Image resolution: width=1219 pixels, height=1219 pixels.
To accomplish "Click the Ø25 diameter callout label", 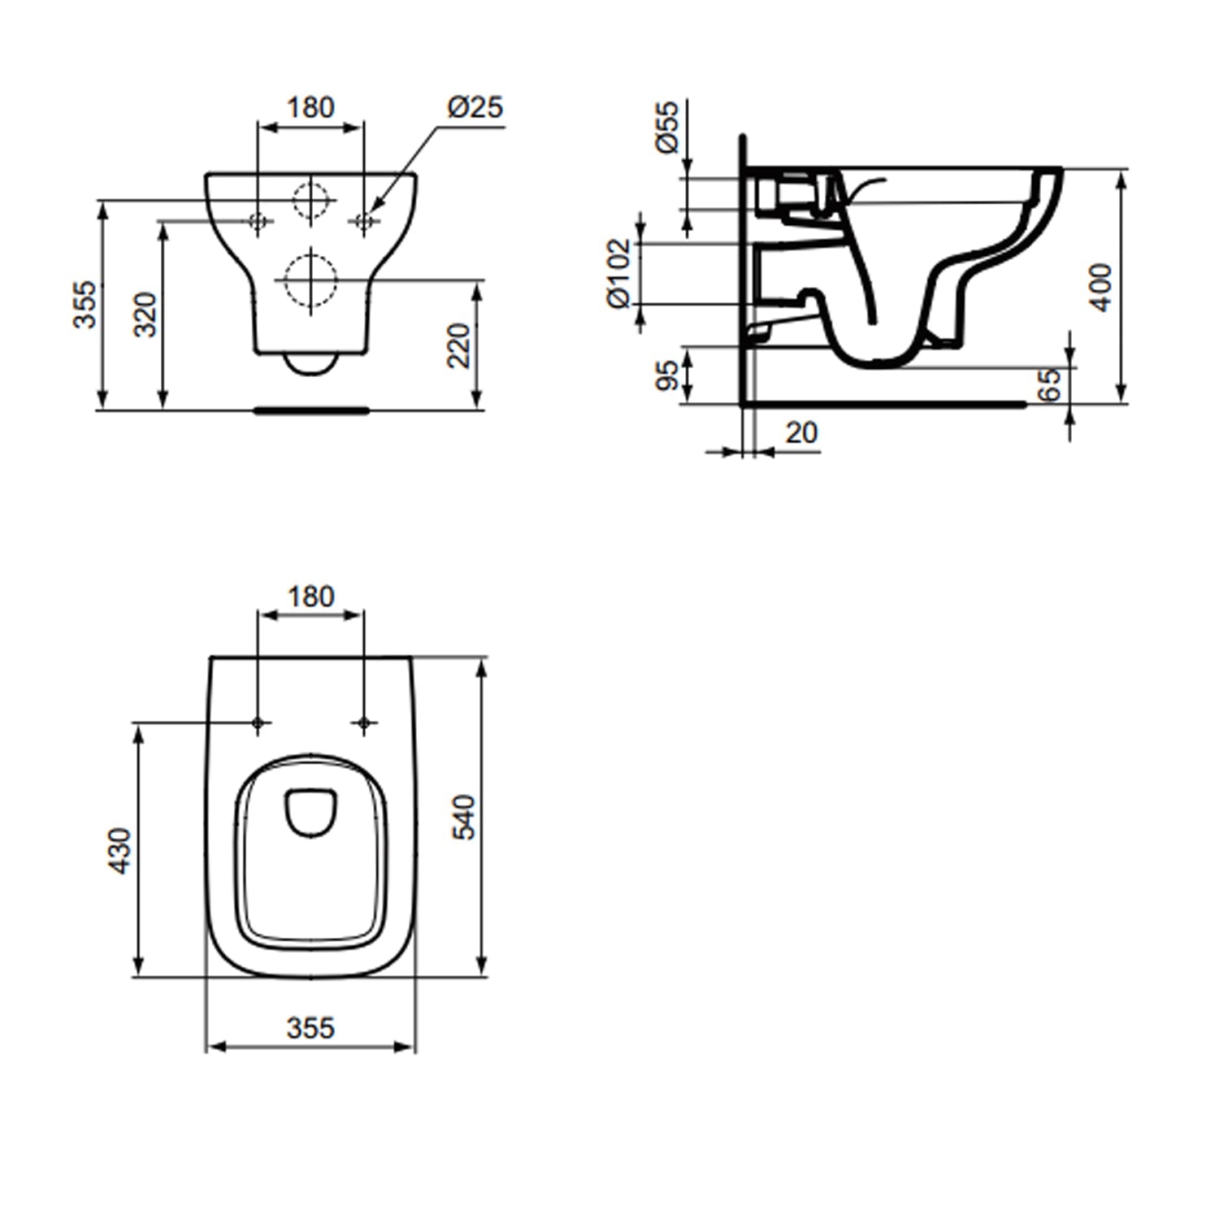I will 475,107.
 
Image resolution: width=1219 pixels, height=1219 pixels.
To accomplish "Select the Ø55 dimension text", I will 667,127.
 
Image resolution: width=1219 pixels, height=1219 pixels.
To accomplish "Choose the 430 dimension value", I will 119,850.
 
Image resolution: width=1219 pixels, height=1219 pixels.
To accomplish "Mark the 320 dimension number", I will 145,315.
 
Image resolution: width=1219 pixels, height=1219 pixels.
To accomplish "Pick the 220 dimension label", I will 459,345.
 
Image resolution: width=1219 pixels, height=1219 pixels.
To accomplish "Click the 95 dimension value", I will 667,375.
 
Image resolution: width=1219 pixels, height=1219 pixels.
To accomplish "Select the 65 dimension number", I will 1050,384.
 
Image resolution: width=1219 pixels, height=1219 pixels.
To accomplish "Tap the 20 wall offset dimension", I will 801,433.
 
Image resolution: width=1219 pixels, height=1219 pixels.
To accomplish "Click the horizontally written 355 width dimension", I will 310,1028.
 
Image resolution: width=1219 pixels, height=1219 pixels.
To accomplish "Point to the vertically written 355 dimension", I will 85,304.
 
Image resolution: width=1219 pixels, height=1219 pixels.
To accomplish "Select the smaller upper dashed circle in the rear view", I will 311,199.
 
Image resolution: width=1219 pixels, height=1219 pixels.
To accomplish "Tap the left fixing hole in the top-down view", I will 258,722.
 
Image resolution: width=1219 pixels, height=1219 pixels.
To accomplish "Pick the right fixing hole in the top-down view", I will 363,722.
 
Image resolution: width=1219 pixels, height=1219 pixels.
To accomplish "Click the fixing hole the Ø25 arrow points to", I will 363,220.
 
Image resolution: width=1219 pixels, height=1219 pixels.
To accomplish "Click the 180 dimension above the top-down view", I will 310,596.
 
